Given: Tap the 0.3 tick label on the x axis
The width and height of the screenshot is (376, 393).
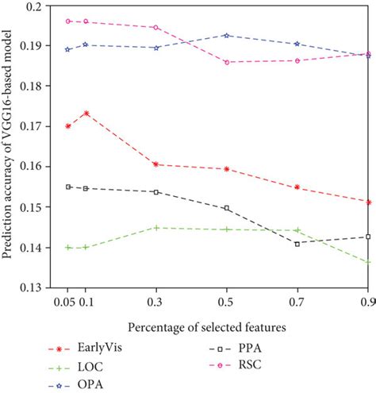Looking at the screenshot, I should click(x=156, y=302).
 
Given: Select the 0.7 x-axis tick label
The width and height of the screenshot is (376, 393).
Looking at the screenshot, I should click(x=297, y=302).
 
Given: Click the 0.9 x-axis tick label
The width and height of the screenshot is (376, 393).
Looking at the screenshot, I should click(x=366, y=302).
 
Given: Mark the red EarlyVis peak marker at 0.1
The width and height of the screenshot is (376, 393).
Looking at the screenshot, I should click(x=86, y=114).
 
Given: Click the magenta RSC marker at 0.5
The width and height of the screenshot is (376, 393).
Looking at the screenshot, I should click(x=227, y=62).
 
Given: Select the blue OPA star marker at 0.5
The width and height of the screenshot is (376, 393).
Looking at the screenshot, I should click(x=227, y=35).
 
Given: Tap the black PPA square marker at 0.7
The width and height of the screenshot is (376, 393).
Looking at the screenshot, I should click(x=297, y=243).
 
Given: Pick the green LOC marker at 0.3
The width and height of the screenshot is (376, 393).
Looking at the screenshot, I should click(x=156, y=228).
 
